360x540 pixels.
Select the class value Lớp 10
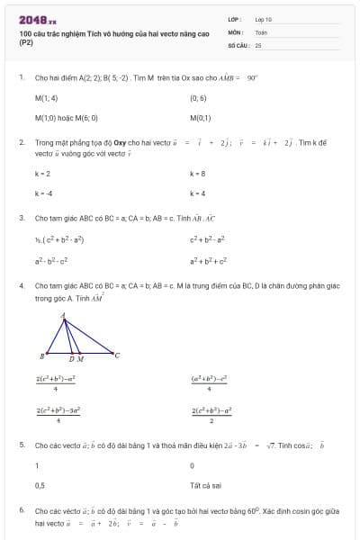point(263,19)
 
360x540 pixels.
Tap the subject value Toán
point(261,31)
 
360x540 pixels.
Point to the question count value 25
point(258,44)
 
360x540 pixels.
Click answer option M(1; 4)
point(46,98)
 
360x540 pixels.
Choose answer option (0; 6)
point(198,98)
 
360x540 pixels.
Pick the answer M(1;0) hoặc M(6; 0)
point(66,118)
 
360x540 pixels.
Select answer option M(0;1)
point(200,118)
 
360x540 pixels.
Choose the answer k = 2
point(42,174)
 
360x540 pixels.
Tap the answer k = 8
point(198,174)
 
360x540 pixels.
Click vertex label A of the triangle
point(63,316)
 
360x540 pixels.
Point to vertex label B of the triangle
point(42,355)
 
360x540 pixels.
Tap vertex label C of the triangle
point(117,355)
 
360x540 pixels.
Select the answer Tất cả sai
point(204,485)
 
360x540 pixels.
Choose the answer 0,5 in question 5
point(40,485)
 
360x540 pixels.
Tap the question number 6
point(21,510)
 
